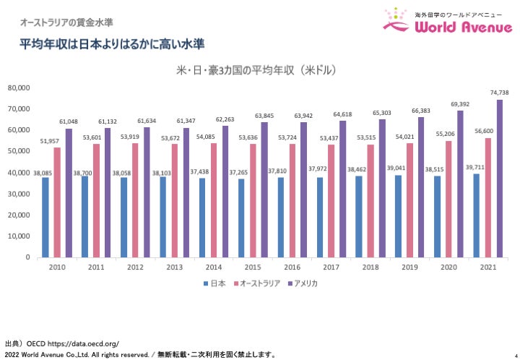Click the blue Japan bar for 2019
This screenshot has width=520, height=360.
[x=398, y=215]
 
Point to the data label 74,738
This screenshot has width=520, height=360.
[x=499, y=93]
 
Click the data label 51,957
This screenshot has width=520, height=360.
[x=57, y=141]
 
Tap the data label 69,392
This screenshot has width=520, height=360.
[x=460, y=104]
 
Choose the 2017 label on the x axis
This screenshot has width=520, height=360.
[x=330, y=267]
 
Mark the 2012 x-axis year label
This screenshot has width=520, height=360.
[x=135, y=267]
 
